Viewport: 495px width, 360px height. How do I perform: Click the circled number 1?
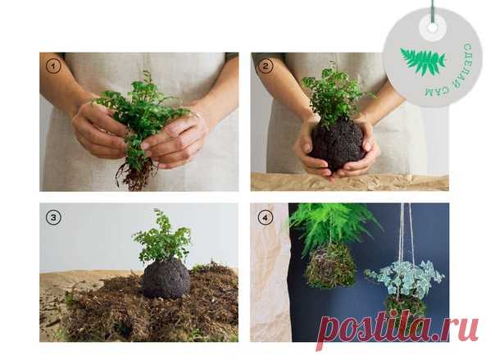(x=53, y=66)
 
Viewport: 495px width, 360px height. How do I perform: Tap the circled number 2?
(x=266, y=66)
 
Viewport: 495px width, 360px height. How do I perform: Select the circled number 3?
(x=53, y=217)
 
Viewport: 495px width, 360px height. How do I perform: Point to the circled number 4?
(x=266, y=217)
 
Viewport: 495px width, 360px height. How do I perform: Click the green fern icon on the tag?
(x=423, y=61)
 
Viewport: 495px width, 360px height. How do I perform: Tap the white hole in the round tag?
(x=433, y=28)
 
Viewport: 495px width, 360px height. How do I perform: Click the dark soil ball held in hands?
(x=337, y=144)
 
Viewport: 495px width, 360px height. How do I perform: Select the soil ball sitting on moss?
(x=166, y=278)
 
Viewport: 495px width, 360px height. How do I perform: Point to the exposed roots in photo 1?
(x=137, y=175)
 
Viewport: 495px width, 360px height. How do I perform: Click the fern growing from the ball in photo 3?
(x=162, y=237)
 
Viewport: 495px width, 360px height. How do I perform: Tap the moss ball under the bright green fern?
(x=330, y=266)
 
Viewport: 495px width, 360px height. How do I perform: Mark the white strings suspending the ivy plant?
(x=406, y=234)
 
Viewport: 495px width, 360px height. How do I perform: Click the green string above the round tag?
(x=433, y=11)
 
